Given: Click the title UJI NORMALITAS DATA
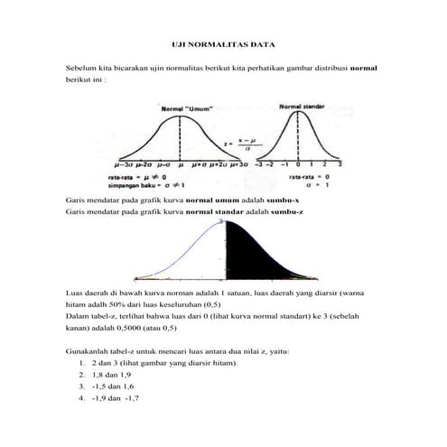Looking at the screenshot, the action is (x=223, y=43).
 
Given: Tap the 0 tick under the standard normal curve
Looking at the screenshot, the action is (x=299, y=166).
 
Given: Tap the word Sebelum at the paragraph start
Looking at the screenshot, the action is (x=82, y=69).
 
